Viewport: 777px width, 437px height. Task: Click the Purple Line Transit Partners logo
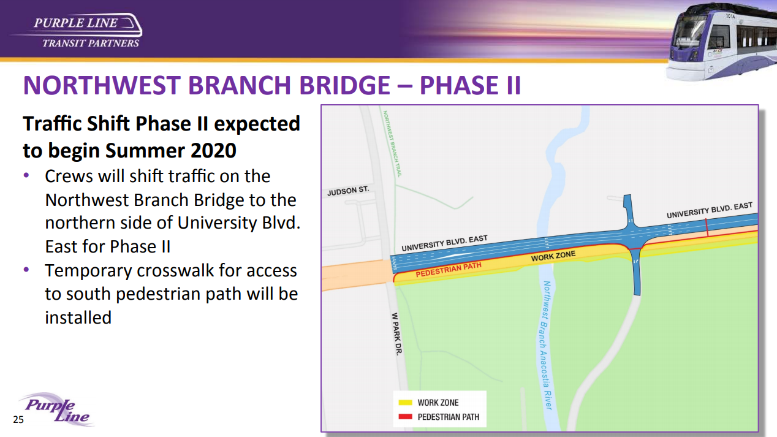[x=77, y=31]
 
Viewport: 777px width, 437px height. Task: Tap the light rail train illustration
[x=721, y=42]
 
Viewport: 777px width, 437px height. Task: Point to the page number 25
[x=18, y=420]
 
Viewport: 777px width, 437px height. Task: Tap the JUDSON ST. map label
[x=348, y=191]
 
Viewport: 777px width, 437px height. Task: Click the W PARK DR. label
[x=397, y=333]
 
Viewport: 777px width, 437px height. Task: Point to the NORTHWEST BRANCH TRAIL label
[x=392, y=144]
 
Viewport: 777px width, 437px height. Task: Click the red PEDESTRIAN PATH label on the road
[x=449, y=270]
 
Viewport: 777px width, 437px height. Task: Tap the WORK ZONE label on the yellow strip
[x=553, y=256]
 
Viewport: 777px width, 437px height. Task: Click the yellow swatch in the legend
[x=405, y=403]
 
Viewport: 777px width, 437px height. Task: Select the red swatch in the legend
[x=405, y=417]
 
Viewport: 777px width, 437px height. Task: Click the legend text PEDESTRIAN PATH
[x=448, y=417]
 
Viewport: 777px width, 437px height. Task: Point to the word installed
[x=78, y=317]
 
